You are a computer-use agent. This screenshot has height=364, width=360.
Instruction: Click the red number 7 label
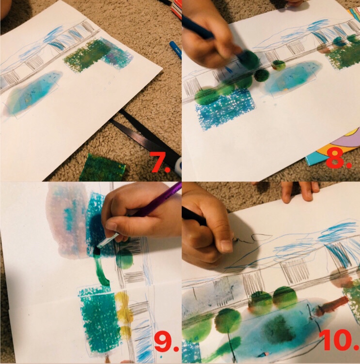click(161, 162)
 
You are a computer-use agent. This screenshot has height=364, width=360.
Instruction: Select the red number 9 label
click(166, 341)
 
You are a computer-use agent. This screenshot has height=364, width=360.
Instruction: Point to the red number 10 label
click(339, 340)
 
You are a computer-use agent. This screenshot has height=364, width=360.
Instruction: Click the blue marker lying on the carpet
click(176, 49)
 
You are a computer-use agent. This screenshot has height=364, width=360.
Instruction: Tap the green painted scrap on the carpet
click(102, 167)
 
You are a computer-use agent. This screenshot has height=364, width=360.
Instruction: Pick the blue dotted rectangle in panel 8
click(224, 108)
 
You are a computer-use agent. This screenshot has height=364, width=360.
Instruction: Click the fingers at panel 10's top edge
click(300, 190)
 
